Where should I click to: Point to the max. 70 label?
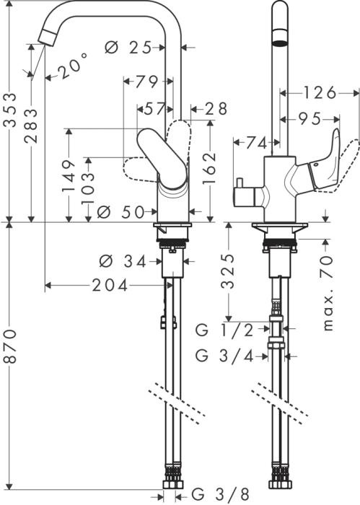point(328,289)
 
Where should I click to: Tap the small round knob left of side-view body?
point(237,197)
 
